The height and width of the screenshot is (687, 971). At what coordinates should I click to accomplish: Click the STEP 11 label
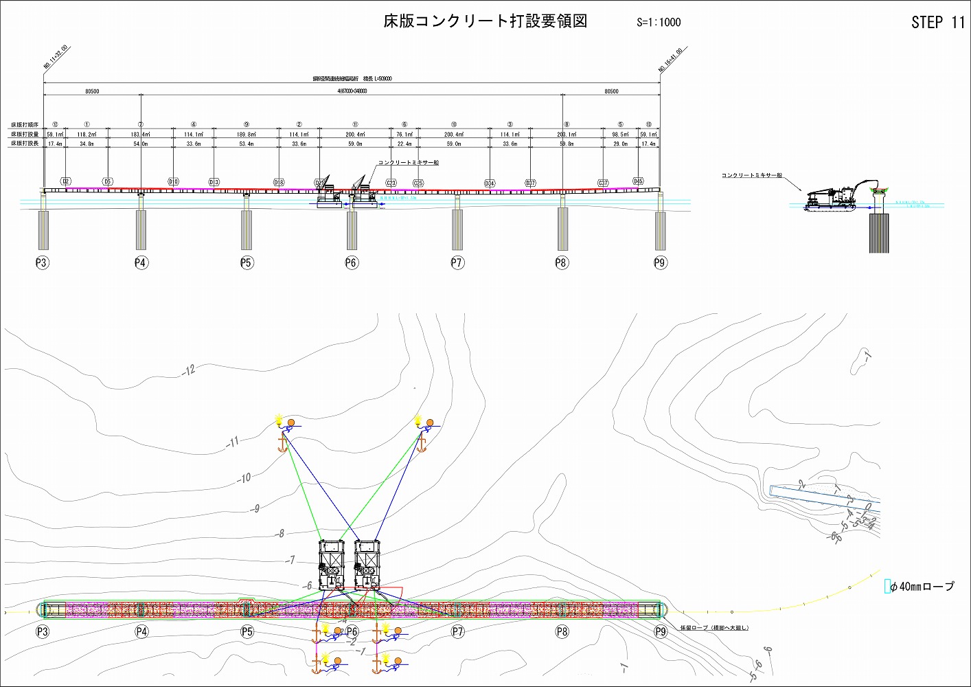click(937, 23)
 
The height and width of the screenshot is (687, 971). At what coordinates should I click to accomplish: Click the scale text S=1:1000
click(658, 22)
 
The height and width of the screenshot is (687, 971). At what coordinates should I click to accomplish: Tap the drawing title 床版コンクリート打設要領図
click(485, 21)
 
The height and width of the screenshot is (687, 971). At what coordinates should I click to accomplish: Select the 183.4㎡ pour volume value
click(140, 135)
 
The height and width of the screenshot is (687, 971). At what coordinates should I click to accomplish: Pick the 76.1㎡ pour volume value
click(404, 135)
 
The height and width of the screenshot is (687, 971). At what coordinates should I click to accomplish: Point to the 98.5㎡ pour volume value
click(620, 135)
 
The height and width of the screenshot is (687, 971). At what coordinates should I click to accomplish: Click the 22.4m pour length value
click(404, 144)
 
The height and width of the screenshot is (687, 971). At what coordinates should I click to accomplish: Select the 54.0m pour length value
click(140, 144)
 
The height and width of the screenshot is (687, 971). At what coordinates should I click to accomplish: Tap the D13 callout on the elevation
click(214, 182)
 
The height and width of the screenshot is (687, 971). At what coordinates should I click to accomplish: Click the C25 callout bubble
click(418, 183)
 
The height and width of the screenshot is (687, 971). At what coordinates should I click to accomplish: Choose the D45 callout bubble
click(638, 181)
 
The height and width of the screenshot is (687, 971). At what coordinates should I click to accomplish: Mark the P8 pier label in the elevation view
click(562, 262)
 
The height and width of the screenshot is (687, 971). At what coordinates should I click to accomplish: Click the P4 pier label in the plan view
click(141, 631)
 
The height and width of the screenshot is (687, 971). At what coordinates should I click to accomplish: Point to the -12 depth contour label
click(189, 370)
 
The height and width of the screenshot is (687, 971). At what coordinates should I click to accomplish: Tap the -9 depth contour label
click(255, 508)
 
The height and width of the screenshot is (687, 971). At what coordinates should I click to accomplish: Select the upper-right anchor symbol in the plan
click(421, 444)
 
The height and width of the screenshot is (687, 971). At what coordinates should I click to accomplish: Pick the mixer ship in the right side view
click(831, 199)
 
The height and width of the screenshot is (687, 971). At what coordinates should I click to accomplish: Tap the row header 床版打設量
click(25, 135)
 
